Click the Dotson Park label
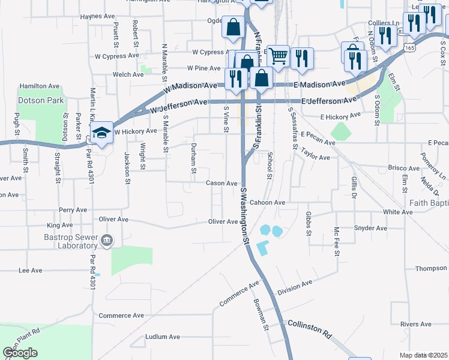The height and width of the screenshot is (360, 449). [x=40, y=101]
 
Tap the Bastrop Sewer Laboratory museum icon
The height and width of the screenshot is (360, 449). [x=107, y=241]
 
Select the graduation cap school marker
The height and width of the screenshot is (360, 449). [x=101, y=133]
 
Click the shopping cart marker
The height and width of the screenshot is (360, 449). [x=278, y=56]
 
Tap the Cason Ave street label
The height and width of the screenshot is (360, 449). [x=222, y=183]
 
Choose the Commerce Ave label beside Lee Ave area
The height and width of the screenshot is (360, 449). [x=121, y=316]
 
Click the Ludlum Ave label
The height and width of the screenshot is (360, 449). [x=163, y=337]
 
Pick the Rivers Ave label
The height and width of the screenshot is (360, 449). [x=416, y=324]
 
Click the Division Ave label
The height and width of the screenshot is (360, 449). [x=295, y=287]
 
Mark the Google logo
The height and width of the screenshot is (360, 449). [x=20, y=353]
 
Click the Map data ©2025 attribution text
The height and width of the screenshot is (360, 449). [x=424, y=355]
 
